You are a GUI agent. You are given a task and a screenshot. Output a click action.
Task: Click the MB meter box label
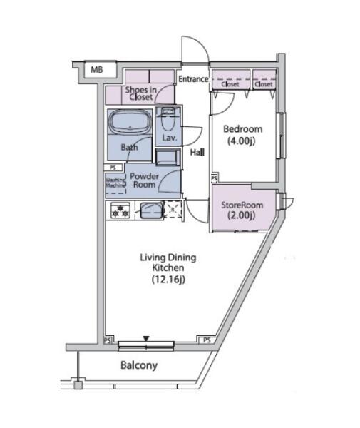(x=97, y=70)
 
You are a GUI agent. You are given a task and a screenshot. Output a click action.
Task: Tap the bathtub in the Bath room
(x=130, y=122)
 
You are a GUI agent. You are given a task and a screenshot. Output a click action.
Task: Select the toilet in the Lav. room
(x=168, y=122)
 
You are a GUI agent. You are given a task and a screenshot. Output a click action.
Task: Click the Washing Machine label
(x=115, y=183)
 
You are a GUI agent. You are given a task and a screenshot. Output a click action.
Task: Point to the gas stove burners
(x=120, y=210)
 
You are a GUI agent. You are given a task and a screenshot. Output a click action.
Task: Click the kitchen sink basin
(x=151, y=210)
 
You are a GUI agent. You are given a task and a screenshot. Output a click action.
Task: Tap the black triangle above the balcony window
(x=146, y=338)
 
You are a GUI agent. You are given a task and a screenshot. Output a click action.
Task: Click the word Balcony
(x=139, y=365)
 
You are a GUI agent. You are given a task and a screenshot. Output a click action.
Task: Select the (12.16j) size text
(x=168, y=279)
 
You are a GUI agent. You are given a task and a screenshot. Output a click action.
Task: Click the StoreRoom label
(x=242, y=205)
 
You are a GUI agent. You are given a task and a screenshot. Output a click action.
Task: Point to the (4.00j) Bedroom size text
(x=242, y=141)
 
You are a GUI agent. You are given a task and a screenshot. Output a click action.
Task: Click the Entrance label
(x=193, y=79)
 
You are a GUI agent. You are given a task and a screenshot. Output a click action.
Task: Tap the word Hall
(x=197, y=152)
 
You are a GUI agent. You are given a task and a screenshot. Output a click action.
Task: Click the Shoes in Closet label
(x=140, y=93)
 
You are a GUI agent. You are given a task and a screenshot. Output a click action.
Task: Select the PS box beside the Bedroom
(x=214, y=178)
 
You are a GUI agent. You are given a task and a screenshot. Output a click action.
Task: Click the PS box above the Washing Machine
(x=113, y=168)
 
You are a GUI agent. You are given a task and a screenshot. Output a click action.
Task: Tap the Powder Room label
(x=144, y=180)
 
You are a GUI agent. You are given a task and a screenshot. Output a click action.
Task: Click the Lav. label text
(x=170, y=138)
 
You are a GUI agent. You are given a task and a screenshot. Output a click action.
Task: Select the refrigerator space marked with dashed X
(x=173, y=210)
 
